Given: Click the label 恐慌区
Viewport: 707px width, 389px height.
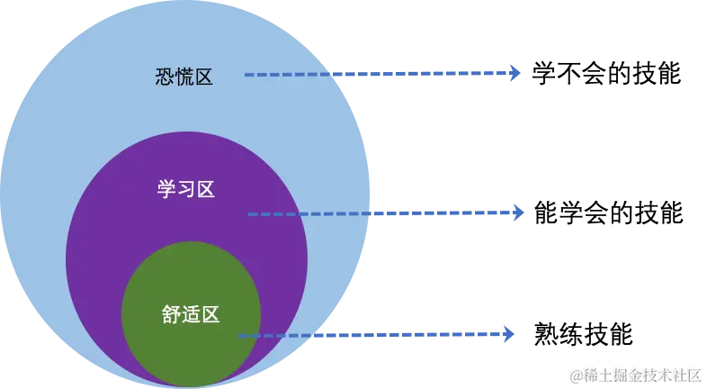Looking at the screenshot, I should pos(183,77).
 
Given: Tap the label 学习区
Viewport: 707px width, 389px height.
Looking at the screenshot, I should pos(186,190).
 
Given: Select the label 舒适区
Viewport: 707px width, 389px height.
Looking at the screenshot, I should pos(191,314).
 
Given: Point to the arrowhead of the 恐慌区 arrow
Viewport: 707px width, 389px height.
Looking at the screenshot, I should pos(515,73).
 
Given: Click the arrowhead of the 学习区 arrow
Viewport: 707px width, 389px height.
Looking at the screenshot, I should pos(518,213).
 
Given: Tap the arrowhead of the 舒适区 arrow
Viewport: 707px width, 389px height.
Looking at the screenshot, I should pos(510,334).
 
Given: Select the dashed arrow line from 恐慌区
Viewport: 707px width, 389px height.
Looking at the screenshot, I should pos(378,74).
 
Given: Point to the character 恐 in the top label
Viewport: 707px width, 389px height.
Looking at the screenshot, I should pos(165,77).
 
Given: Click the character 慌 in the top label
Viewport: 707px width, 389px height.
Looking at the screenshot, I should pos(183,77).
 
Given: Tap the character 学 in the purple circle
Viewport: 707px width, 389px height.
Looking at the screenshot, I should pos(167,190).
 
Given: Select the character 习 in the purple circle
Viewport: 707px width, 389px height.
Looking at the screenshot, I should pos(186,190).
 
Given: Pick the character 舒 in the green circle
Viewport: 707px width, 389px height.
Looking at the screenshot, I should pos(172,314).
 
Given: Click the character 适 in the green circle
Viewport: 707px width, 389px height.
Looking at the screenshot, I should pos(191,314).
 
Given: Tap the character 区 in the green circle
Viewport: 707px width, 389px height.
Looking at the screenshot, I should pos(210,314).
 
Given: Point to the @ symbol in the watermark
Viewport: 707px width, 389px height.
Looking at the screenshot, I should pos(577,374).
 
